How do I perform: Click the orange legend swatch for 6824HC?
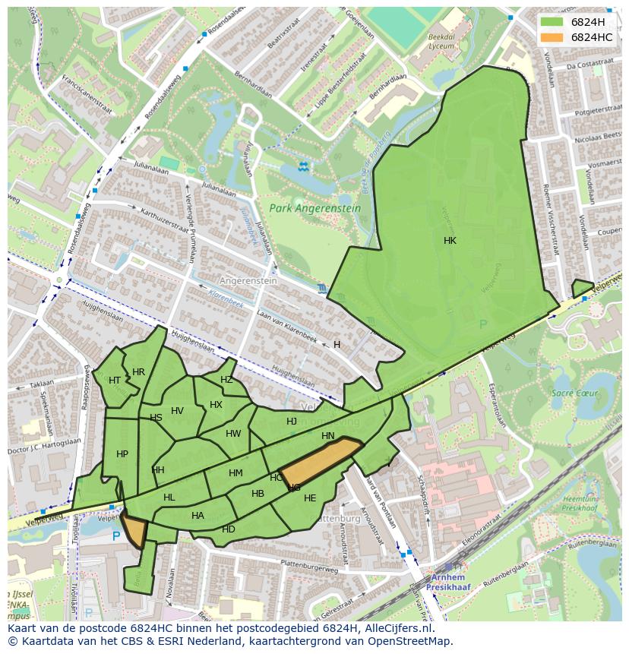pyautogui.click(x=552, y=37)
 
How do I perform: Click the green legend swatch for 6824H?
pyautogui.click(x=552, y=22)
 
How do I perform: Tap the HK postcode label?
pyautogui.click(x=450, y=241)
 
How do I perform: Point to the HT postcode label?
pyautogui.click(x=115, y=381)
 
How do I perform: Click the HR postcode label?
pyautogui.click(x=138, y=372)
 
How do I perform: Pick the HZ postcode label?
pyautogui.click(x=226, y=380)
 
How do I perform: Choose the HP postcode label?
pyautogui.click(x=122, y=454)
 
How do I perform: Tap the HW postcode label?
pyautogui.click(x=233, y=434)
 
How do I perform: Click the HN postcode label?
pyautogui.click(x=328, y=436)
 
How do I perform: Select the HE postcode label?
pyautogui.click(x=310, y=498)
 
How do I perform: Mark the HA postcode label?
pyautogui.click(x=198, y=516)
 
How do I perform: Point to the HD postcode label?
pyautogui.click(x=229, y=529)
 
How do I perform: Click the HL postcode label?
pyautogui.click(x=169, y=498)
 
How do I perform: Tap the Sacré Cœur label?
pyautogui.click(x=574, y=393)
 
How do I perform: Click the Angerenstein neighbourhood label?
pyautogui.click(x=248, y=280)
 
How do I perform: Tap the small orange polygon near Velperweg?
pyautogui.click(x=134, y=529)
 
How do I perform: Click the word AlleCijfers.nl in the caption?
pyautogui.click(x=395, y=628)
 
